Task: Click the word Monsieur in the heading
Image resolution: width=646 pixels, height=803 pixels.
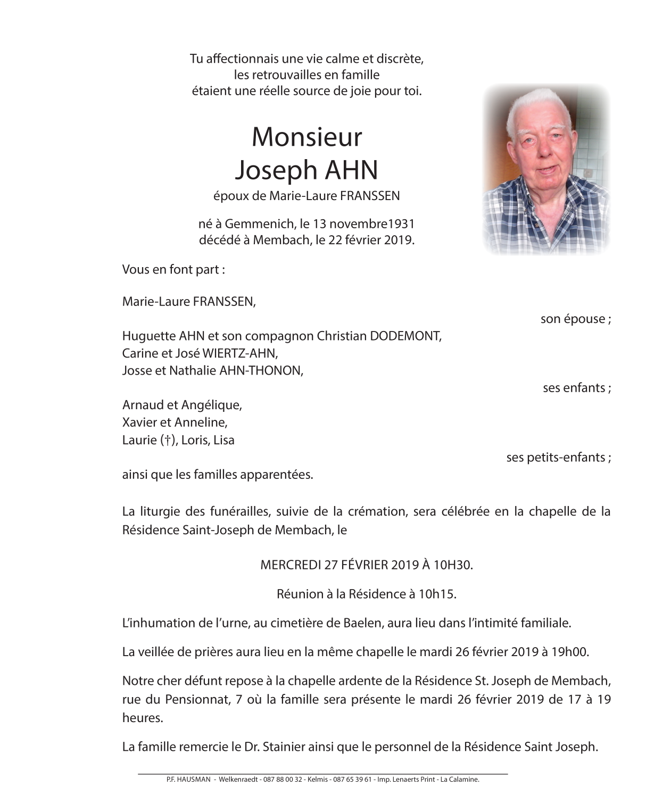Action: click(x=307, y=137)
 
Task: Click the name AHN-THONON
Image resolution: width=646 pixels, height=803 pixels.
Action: click(x=261, y=371)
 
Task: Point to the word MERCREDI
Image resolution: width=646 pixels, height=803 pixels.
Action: click(x=290, y=565)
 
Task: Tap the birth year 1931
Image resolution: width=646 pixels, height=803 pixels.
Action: click(x=403, y=224)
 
